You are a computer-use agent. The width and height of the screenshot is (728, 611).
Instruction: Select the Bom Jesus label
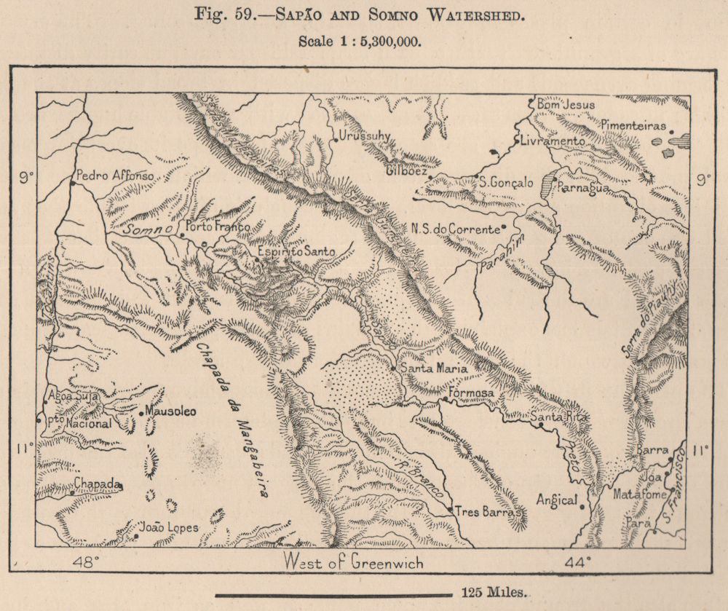coord(565,105)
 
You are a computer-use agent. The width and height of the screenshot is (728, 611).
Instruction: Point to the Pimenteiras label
coord(633,125)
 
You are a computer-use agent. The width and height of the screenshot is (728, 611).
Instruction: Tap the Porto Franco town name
coord(218,226)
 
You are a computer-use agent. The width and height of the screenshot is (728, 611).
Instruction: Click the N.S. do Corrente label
coord(455,229)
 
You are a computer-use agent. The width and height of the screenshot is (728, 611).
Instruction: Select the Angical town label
coord(557,500)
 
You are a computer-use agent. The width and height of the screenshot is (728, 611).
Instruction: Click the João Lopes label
coord(168,528)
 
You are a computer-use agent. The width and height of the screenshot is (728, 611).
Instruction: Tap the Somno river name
coord(148,229)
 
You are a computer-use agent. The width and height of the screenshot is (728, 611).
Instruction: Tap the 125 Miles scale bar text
coord(495,594)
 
